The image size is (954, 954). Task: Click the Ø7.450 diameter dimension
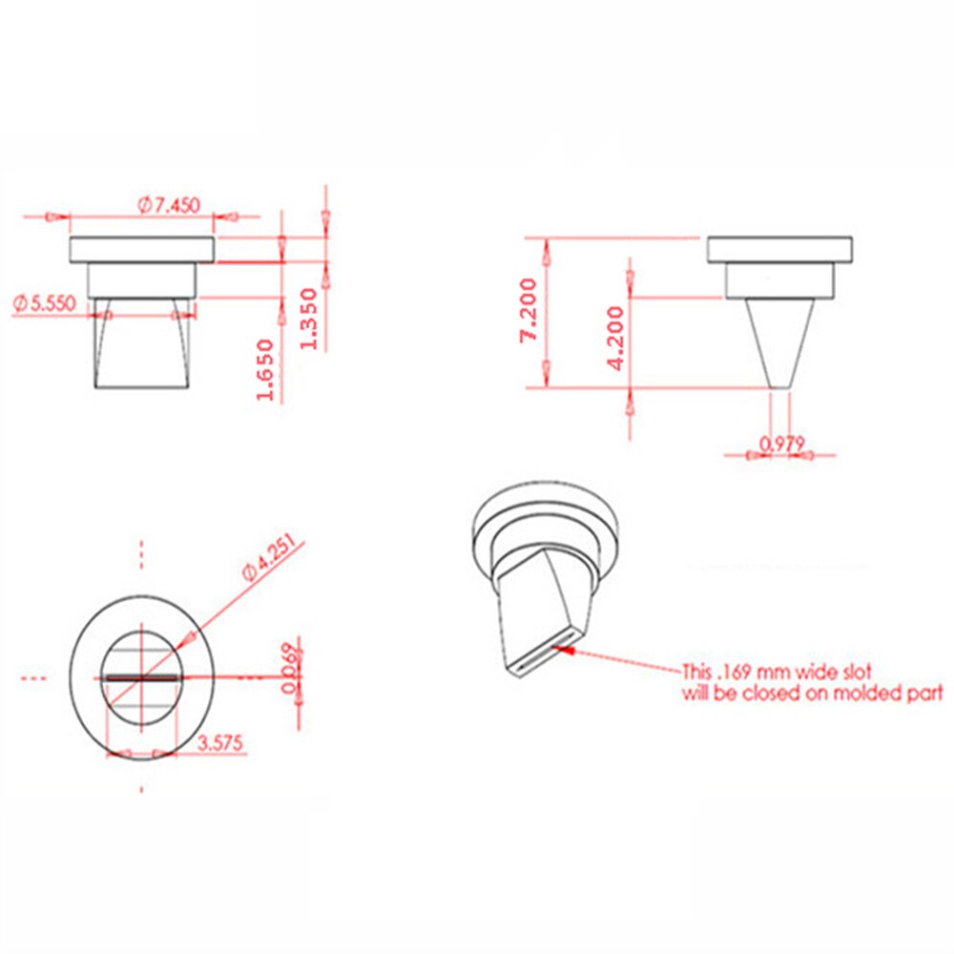click(172, 204)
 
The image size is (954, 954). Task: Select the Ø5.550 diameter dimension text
click(48, 304)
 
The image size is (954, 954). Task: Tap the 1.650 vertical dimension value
click(266, 369)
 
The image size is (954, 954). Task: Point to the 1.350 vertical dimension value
click(308, 318)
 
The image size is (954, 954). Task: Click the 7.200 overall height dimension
click(530, 308)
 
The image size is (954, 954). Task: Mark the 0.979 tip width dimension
click(782, 442)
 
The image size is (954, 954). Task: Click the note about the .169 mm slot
click(811, 682)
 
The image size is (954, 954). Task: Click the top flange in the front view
click(142, 250)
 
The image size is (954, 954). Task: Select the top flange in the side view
click(779, 250)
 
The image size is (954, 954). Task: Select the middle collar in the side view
click(780, 280)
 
